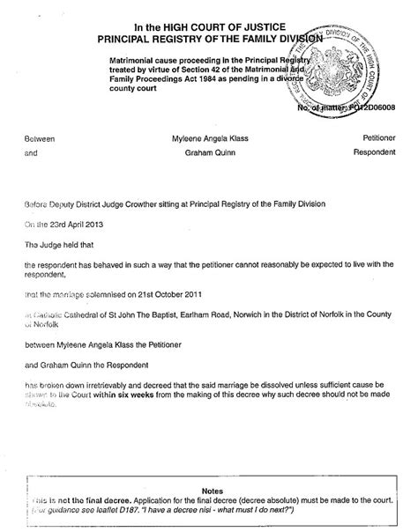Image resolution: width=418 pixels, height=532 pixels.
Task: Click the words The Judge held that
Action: (62, 242)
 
